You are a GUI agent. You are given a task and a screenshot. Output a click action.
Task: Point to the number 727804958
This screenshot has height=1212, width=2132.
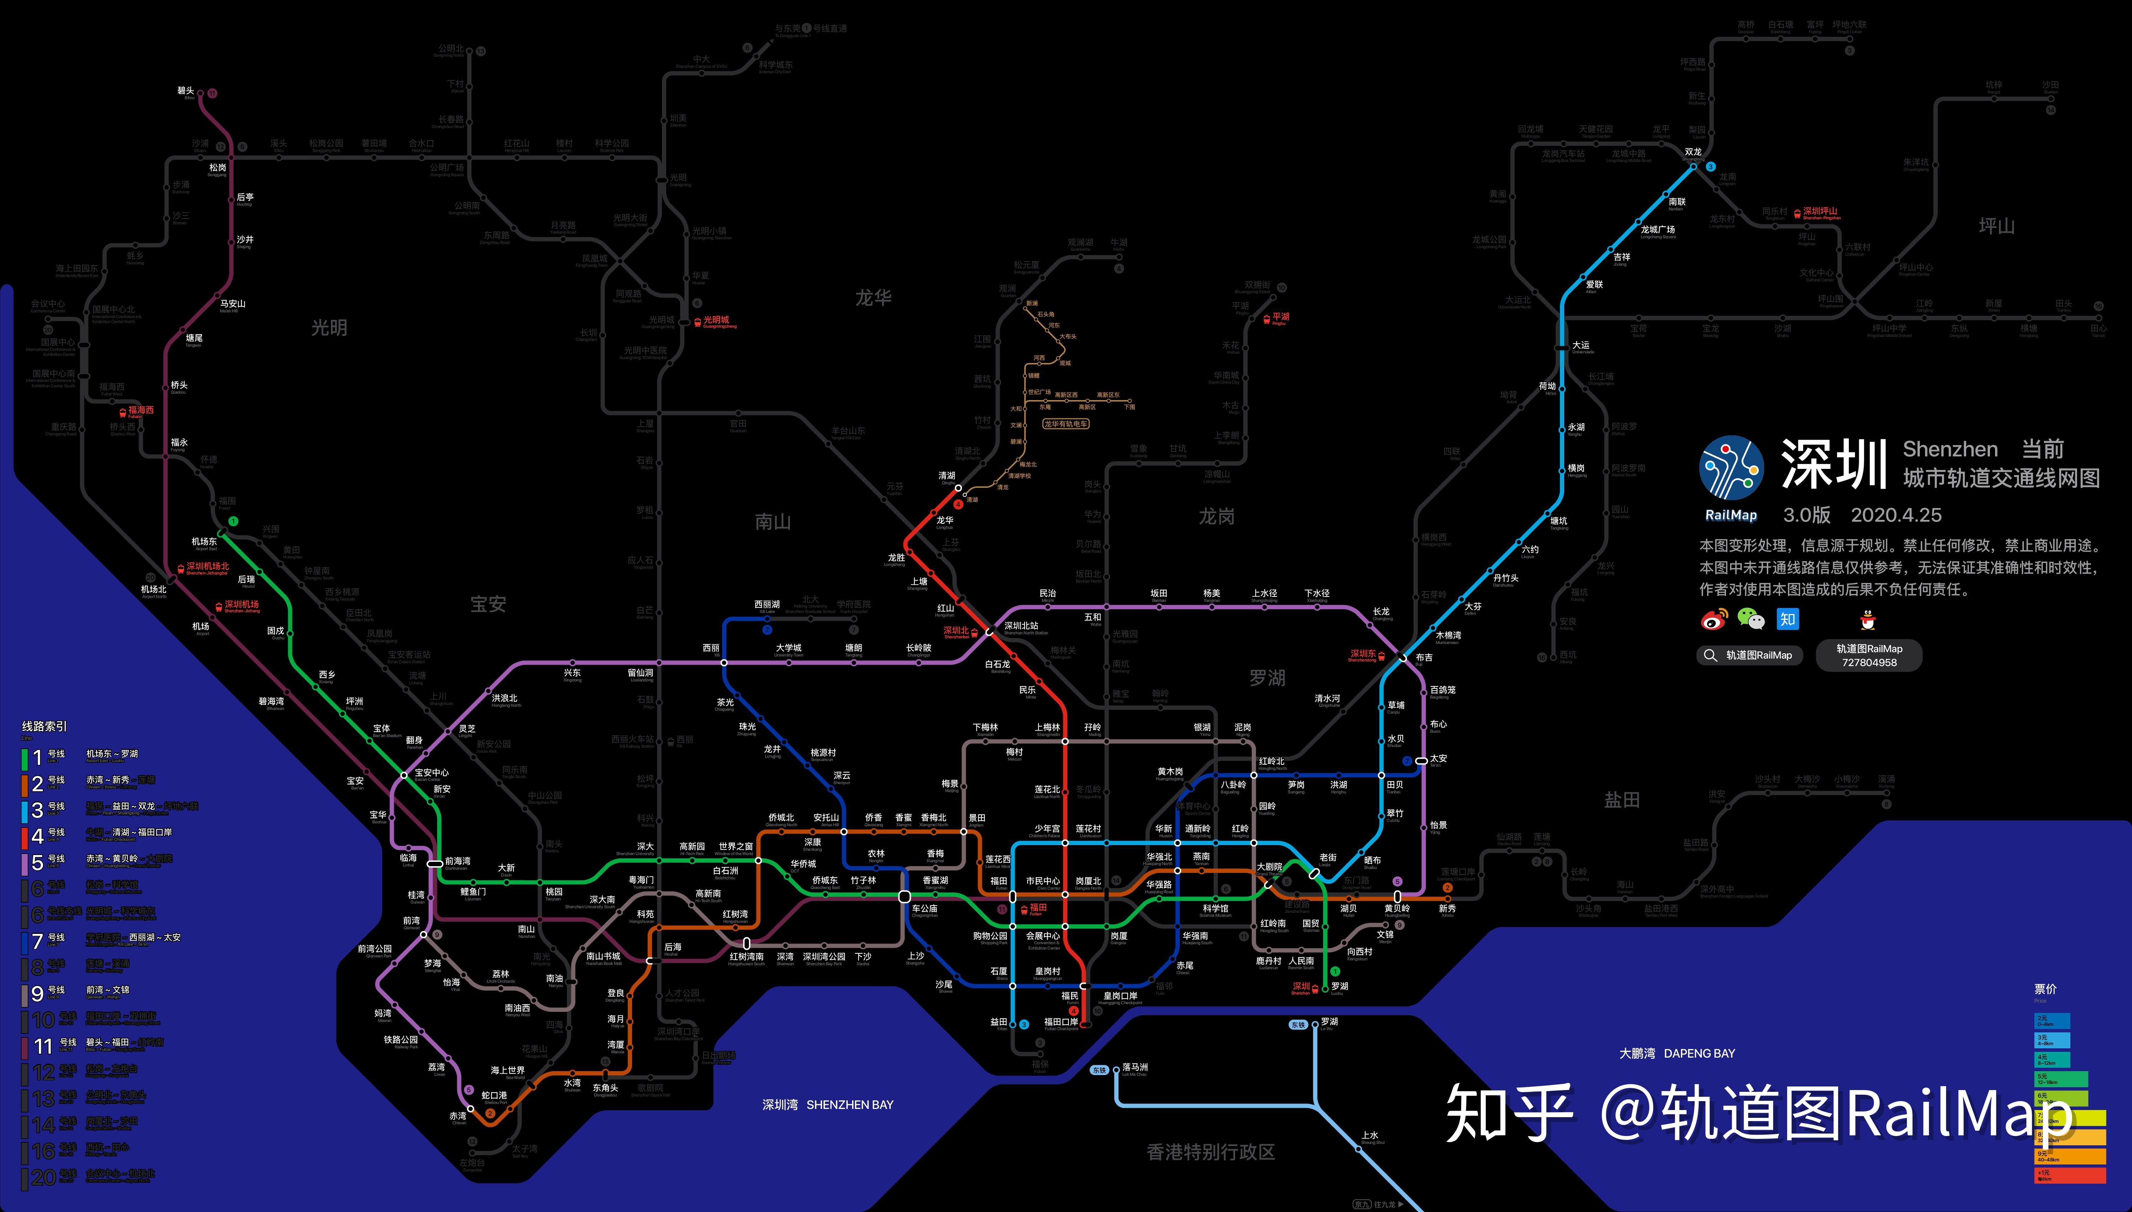[x=1869, y=663]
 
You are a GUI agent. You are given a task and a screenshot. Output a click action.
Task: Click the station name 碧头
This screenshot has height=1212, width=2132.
[x=186, y=91]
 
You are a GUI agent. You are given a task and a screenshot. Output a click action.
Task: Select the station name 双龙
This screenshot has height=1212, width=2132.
[x=1693, y=152]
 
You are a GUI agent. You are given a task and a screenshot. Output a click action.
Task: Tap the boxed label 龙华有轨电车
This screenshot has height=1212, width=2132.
[x=1066, y=424]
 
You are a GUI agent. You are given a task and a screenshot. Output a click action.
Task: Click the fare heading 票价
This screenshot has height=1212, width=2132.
[x=2045, y=989]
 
